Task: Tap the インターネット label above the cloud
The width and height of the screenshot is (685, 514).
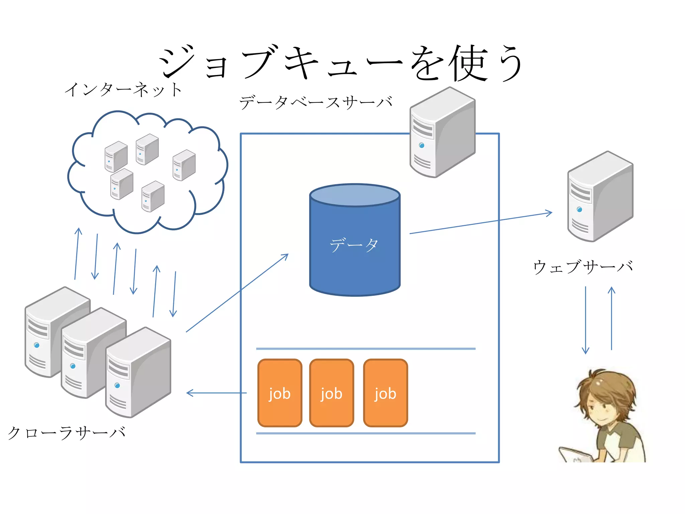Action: tap(123, 89)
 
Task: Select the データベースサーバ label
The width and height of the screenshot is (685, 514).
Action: tap(316, 102)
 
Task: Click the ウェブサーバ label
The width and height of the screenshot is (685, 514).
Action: tap(583, 267)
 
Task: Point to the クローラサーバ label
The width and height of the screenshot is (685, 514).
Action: tap(66, 433)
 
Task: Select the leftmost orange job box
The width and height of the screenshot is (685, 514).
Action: tap(280, 393)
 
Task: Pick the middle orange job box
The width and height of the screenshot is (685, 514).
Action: tap(331, 393)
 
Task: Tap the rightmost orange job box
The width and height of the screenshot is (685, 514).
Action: tap(385, 393)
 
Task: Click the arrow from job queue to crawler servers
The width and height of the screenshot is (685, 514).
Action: tap(216, 393)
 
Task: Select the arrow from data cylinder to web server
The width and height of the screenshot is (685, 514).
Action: tap(481, 223)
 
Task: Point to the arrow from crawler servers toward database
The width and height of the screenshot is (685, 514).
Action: tap(237, 293)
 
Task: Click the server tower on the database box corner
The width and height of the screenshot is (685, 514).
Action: tap(442, 133)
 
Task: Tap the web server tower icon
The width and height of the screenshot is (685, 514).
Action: tap(600, 197)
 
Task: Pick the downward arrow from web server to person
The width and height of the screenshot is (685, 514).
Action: tap(585, 320)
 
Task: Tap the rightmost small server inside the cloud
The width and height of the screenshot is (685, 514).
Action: tap(184, 165)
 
